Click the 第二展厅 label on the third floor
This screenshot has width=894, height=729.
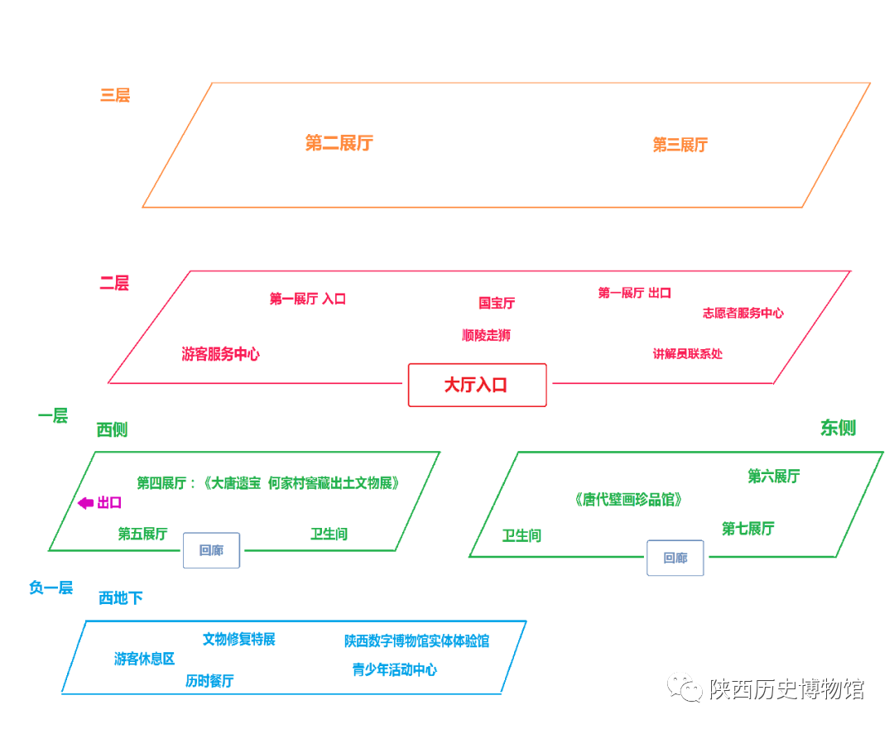pyautogui.click(x=339, y=143)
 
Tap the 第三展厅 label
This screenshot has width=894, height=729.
pyautogui.click(x=680, y=146)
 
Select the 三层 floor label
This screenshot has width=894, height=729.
pyautogui.click(x=115, y=95)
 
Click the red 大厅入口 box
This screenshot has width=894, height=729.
pyautogui.click(x=477, y=385)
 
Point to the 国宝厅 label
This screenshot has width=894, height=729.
pyautogui.click(x=497, y=304)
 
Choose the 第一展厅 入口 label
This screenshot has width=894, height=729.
pyautogui.click(x=307, y=299)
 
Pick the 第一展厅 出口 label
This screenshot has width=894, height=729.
pyautogui.click(x=634, y=293)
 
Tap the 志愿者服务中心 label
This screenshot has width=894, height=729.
pyautogui.click(x=743, y=314)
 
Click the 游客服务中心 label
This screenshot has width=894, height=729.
pyautogui.click(x=220, y=354)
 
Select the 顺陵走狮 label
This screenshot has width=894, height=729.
pyautogui.click(x=486, y=335)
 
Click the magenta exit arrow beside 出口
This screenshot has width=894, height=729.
pyautogui.click(x=85, y=503)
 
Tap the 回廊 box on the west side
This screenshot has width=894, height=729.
pyautogui.click(x=211, y=550)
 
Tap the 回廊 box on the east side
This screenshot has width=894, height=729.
pyautogui.click(x=675, y=559)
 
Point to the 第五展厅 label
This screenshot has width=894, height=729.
pyautogui.click(x=142, y=534)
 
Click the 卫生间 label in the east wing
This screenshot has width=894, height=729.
pyautogui.click(x=521, y=536)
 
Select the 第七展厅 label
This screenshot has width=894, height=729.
pyautogui.click(x=747, y=529)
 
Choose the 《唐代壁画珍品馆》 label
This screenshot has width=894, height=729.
pyautogui.click(x=628, y=500)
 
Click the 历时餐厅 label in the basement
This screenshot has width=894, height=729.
pyautogui.click(x=209, y=681)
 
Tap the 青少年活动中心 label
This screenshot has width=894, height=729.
pyautogui.click(x=395, y=670)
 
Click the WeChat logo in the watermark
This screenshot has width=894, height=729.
pyautogui.click(x=685, y=688)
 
